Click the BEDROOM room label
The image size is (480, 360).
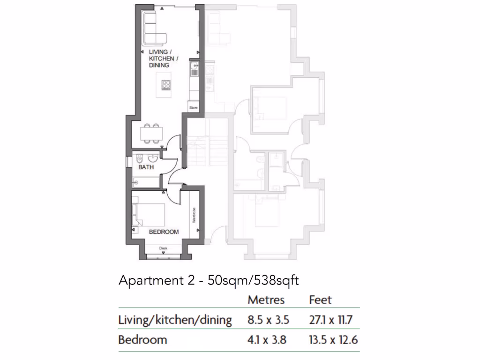pyautogui.click(x=164, y=232)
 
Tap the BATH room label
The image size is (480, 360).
pyautogui.click(x=146, y=167)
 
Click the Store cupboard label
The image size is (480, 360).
pyautogui.click(x=194, y=108)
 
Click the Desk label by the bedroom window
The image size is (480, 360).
pyautogui.click(x=163, y=248)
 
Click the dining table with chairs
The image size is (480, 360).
pyautogui.click(x=151, y=133)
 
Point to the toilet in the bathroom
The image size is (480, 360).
pyautogui.click(x=140, y=157)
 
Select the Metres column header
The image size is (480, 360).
pyautogui.click(x=266, y=300)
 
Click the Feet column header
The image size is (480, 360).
pyautogui.click(x=321, y=300)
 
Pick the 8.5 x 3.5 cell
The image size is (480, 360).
pyautogui.click(x=268, y=320)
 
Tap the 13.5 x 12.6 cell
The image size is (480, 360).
pyautogui.click(x=333, y=340)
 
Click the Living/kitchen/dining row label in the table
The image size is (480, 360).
pyautogui.click(x=175, y=321)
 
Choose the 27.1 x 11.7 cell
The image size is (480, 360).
pyautogui.click(x=330, y=320)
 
